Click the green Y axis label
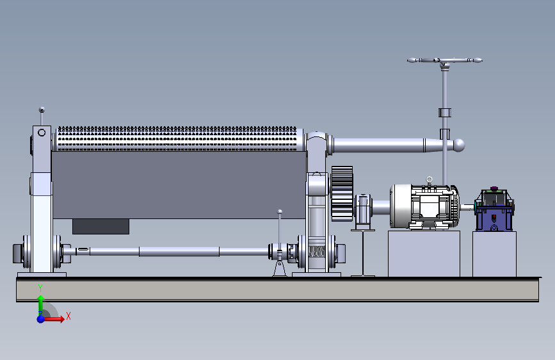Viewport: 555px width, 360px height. click(40, 288)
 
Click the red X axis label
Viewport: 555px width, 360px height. click(68, 316)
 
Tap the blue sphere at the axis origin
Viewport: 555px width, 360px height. click(41, 319)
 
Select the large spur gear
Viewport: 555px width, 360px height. click(342, 194)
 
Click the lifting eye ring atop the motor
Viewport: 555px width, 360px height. click(430, 179)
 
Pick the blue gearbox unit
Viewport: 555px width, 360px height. click(494, 209)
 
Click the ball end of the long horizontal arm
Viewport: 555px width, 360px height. click(459, 145)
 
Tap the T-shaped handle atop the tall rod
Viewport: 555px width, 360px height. click(444, 61)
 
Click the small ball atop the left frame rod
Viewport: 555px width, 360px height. click(42, 110)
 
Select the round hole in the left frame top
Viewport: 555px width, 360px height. click(42, 133)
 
